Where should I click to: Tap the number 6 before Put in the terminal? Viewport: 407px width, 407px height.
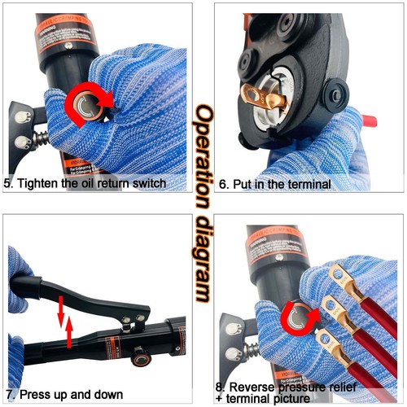tap(224, 184)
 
